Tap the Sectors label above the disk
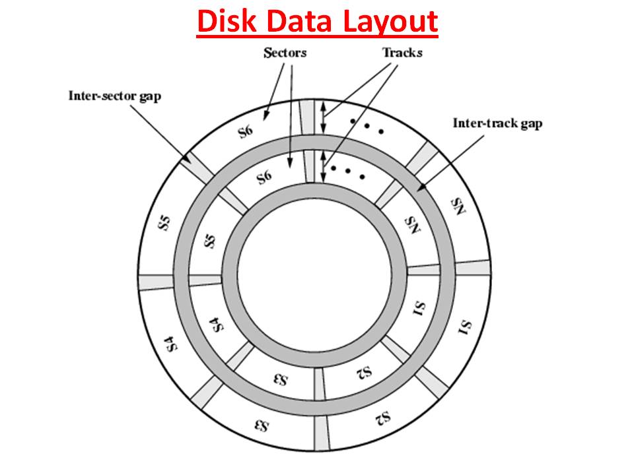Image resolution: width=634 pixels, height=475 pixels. coord(285,53)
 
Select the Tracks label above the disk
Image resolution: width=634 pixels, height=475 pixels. coord(402,53)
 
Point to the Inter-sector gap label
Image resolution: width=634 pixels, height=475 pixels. coord(114,96)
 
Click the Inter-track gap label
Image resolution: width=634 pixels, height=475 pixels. coord(497,123)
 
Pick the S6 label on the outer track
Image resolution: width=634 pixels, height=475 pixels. coord(245,131)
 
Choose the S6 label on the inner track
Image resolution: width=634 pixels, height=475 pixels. coord(264,177)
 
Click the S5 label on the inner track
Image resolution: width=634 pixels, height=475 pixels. coord(211,241)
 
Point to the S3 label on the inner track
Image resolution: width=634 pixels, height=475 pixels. coord(280,379)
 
